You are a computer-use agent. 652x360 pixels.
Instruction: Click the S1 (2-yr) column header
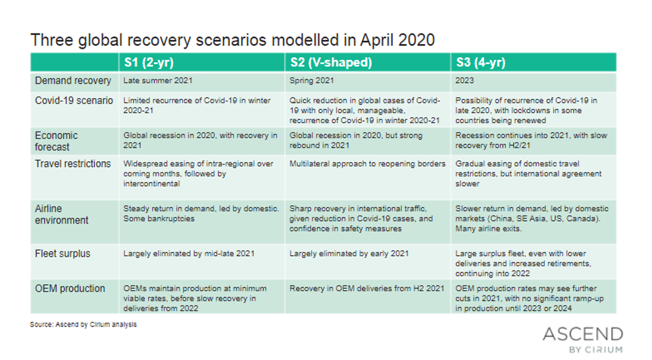pos(149,63)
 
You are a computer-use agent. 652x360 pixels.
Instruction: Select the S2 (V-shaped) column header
pos(331,63)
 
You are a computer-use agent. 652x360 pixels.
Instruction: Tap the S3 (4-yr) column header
pos(481,63)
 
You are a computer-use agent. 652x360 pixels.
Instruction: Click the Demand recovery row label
pos(73,81)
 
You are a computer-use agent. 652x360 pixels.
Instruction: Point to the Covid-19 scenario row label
pos(74,101)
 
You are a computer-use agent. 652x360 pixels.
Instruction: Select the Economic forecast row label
pos(56,141)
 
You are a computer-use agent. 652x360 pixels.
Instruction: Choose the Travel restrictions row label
pos(73,164)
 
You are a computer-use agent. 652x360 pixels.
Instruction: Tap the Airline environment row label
pos(62,215)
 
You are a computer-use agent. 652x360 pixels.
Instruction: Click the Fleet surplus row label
pos(63,254)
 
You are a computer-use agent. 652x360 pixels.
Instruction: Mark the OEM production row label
pos(70,289)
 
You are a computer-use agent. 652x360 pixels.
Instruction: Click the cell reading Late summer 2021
pos(158,81)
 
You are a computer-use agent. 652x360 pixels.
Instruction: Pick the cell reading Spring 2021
pos(311,81)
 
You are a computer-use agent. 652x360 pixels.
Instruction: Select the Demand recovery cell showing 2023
pos(464,81)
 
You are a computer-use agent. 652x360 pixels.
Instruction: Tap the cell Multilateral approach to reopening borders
pos(367,164)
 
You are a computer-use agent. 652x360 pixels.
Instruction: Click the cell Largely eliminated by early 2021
pos(349,254)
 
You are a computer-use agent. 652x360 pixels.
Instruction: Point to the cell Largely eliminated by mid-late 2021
pos(189,254)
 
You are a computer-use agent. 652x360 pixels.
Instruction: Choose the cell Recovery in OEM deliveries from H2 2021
pos(366,288)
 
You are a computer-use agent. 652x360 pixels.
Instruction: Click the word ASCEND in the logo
pos(583,334)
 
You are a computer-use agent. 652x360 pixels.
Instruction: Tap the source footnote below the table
pos(83,324)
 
